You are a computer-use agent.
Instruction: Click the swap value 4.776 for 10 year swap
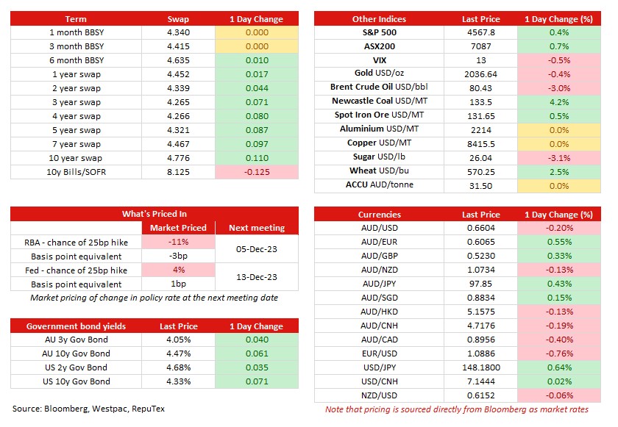pyautogui.click(x=178, y=158)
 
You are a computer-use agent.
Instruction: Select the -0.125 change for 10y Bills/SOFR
pyautogui.click(x=257, y=172)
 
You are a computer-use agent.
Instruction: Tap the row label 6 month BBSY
pyautogui.click(x=77, y=60)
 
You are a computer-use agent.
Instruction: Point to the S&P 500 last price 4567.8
pyautogui.click(x=481, y=32)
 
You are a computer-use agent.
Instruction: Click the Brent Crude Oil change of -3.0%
pyautogui.click(x=559, y=88)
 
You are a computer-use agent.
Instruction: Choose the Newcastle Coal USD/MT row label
pyautogui.click(x=380, y=101)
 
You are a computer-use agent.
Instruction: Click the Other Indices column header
pyautogui.click(x=379, y=19)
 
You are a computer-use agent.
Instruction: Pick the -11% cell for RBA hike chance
pyautogui.click(x=178, y=242)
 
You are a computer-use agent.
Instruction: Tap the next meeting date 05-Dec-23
pyautogui.click(x=257, y=249)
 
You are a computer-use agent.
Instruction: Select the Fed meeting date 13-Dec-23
pyautogui.click(x=257, y=277)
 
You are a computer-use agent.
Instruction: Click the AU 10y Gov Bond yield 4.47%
pyautogui.click(x=179, y=354)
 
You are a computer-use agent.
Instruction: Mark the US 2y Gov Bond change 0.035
pyautogui.click(x=257, y=367)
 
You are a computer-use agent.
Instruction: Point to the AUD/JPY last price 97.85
pyautogui.click(x=481, y=284)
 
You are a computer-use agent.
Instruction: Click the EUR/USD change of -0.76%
pyautogui.click(x=559, y=354)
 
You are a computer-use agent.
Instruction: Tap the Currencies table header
pyautogui.click(x=379, y=215)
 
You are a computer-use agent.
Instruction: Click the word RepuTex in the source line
pyautogui.click(x=148, y=409)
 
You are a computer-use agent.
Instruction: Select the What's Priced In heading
pyautogui.click(x=154, y=214)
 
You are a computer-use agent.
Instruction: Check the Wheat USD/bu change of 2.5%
pyautogui.click(x=559, y=172)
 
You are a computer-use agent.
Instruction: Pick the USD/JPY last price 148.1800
pyautogui.click(x=481, y=367)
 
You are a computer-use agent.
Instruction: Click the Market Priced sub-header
pyautogui.click(x=178, y=228)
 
